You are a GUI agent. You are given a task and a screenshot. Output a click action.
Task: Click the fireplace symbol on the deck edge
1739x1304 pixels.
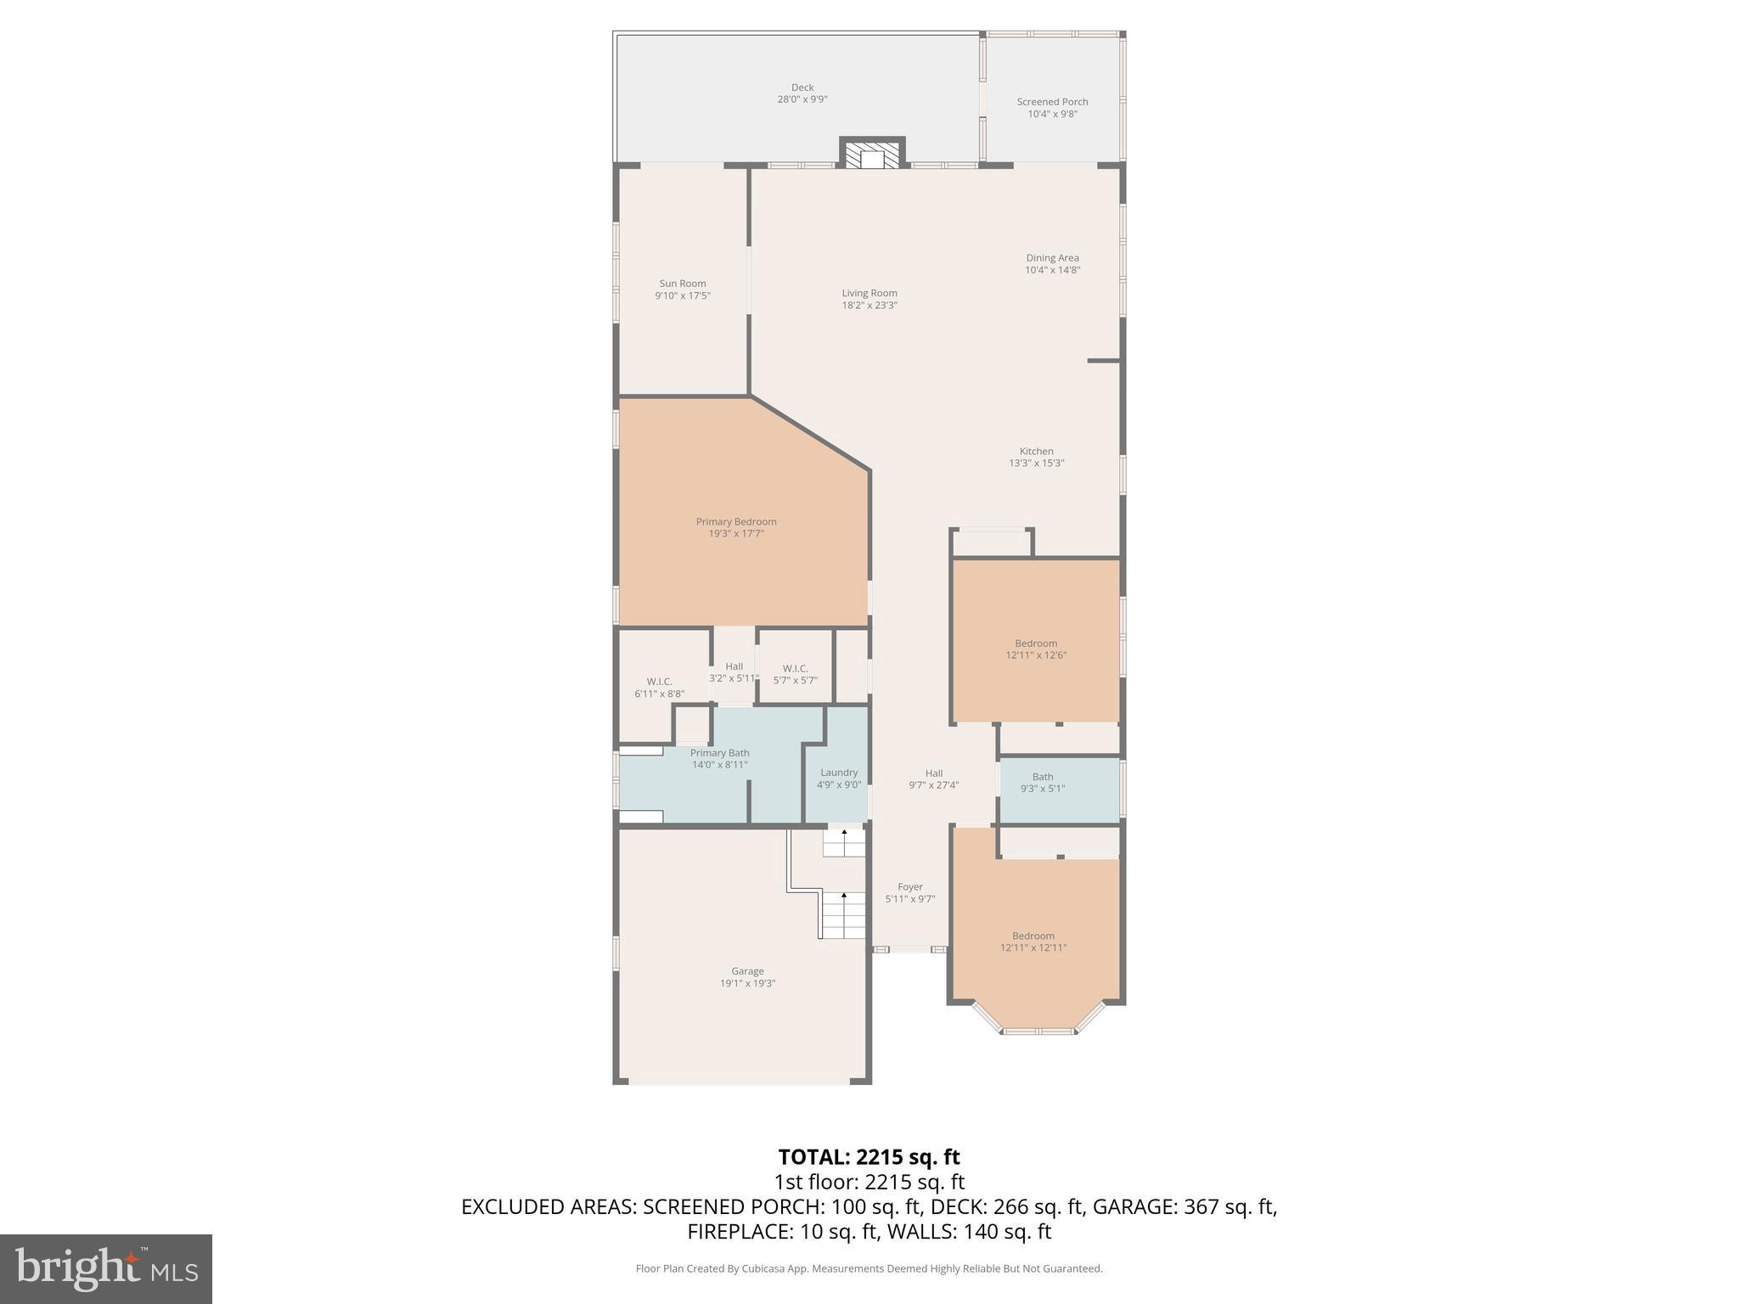(872, 155)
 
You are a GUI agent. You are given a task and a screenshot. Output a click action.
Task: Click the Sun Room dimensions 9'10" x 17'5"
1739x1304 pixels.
(682, 296)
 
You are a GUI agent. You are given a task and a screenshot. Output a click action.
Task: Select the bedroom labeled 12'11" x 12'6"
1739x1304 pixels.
(1036, 649)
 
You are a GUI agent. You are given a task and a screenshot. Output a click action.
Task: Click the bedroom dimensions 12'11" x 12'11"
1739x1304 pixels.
(1033, 947)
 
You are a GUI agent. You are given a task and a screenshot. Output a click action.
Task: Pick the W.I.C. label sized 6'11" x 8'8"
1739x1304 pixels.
(659, 687)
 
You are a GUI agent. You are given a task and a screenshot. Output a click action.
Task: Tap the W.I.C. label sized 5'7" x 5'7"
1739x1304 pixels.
(795, 674)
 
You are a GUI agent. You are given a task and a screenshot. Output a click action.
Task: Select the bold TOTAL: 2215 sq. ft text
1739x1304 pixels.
(869, 1157)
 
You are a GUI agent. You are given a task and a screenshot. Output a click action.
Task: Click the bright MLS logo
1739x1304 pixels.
(106, 1269)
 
